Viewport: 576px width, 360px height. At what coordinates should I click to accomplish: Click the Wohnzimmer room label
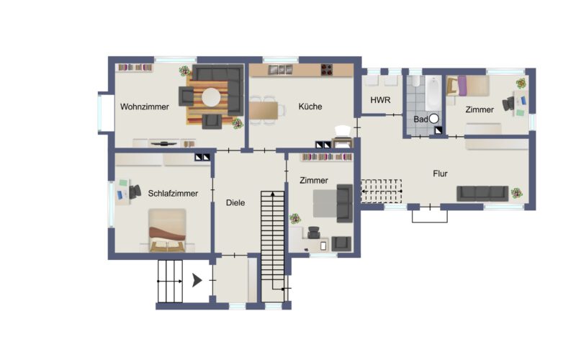pos(145,107)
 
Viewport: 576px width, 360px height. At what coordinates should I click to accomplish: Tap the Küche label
pos(310,107)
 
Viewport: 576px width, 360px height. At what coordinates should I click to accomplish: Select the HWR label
pos(380,100)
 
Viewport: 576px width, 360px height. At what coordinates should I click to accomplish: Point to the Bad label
pos(420,119)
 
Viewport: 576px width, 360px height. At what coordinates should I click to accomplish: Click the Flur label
pos(440,174)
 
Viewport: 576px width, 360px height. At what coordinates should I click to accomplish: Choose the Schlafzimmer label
pos(173,193)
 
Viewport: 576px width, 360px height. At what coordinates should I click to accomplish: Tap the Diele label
pos(235,203)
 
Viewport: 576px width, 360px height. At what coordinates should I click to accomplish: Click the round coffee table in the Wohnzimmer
pos(211,97)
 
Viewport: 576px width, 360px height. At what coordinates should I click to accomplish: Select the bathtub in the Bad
pos(433,94)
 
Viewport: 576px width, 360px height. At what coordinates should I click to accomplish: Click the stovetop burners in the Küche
pos(327,70)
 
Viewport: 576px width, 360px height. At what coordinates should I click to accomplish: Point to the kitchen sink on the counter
pos(280,69)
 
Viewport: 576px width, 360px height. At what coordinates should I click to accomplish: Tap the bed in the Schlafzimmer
pos(167,230)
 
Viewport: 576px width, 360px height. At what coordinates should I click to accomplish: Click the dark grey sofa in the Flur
pos(482,194)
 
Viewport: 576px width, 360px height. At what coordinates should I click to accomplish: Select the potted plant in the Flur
pos(516,192)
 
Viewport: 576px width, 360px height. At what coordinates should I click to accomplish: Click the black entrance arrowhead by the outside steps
pos(197,281)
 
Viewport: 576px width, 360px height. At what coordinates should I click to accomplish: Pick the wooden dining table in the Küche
pos(264,110)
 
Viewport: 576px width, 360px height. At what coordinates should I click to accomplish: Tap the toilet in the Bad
pos(415,81)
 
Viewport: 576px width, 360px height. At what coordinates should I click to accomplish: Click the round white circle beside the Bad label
pos(434,119)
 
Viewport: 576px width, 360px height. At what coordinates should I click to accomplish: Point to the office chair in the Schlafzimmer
pos(135,192)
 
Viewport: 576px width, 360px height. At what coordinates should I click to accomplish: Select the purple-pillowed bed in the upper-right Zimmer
pos(468,86)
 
